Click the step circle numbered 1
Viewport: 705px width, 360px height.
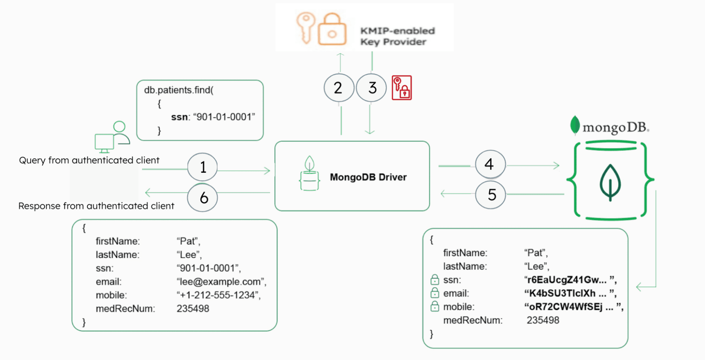(x=202, y=167)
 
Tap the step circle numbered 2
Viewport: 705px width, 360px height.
(x=339, y=87)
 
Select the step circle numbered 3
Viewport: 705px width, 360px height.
(x=371, y=87)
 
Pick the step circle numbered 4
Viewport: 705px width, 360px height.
(x=490, y=164)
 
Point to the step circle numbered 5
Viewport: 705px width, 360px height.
(x=490, y=195)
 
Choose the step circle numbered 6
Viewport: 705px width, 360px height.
(x=202, y=197)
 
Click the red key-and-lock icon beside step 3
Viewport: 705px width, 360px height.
(x=402, y=88)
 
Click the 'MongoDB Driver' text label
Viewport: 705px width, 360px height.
(x=368, y=177)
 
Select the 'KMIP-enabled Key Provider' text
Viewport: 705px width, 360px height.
(x=397, y=36)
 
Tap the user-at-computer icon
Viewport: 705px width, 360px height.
(x=112, y=137)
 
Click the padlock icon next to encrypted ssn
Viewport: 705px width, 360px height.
(x=435, y=280)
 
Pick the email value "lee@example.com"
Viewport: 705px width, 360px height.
(x=221, y=282)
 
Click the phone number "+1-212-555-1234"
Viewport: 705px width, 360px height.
(x=218, y=295)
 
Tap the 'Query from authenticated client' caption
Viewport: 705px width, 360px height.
(x=89, y=160)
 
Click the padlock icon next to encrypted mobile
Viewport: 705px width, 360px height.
(x=435, y=306)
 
